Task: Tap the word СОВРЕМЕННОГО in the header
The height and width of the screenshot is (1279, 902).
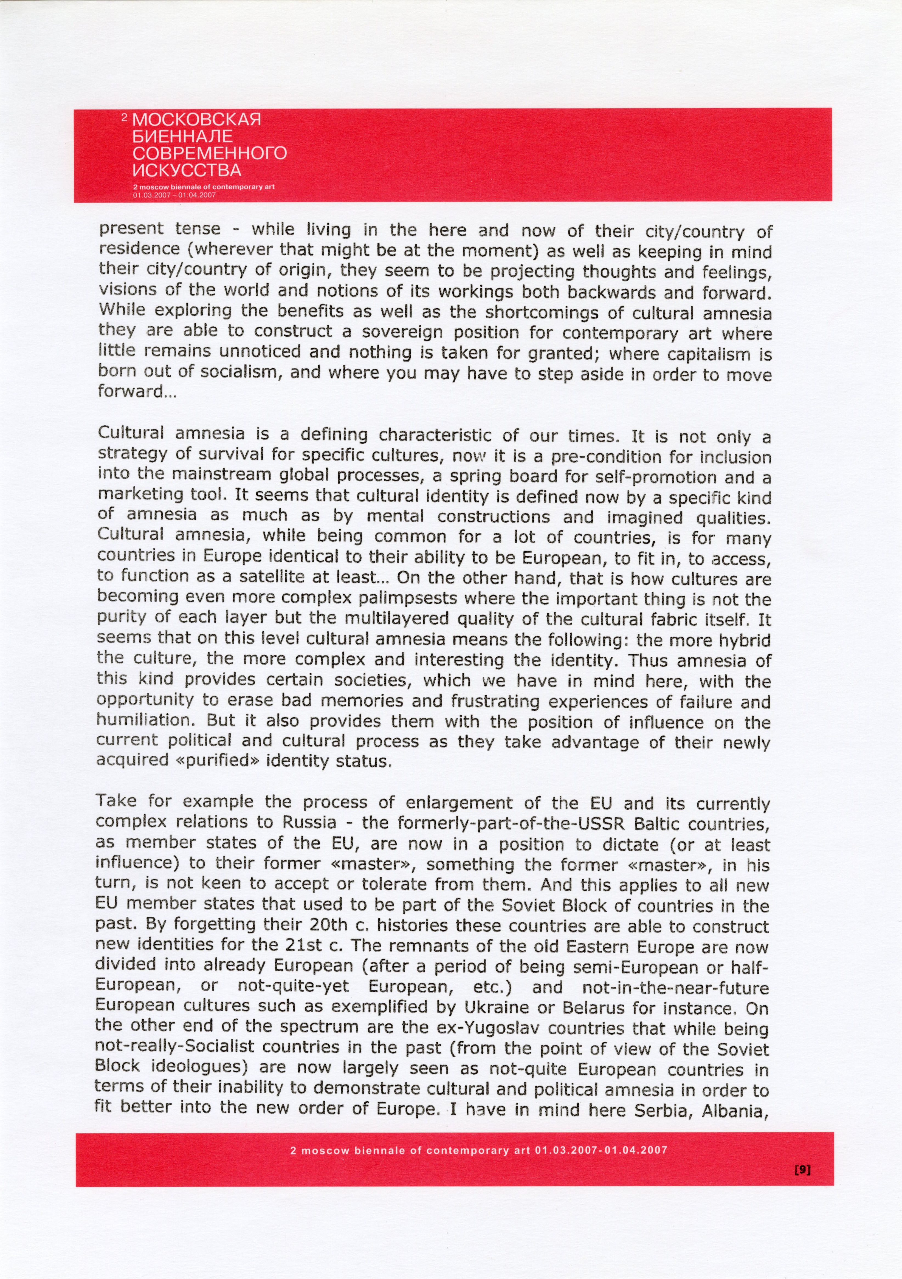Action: click(x=210, y=153)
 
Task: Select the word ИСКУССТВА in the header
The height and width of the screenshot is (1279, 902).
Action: click(x=187, y=170)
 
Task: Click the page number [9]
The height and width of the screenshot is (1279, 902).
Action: click(x=802, y=1170)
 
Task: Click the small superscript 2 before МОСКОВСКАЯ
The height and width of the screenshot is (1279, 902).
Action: click(x=125, y=117)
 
